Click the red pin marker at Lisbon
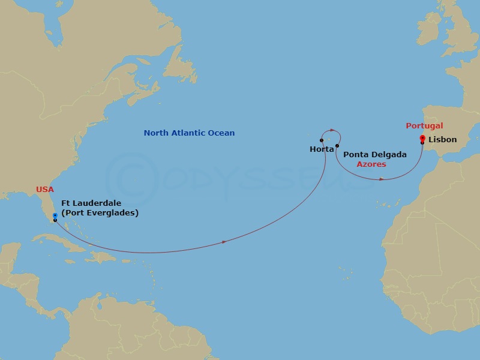[x=422, y=139]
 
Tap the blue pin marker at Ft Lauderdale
[x=55, y=215]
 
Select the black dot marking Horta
[x=322, y=140]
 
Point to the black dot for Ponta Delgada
[x=337, y=146]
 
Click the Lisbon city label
[x=443, y=140]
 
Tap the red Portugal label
[x=424, y=126]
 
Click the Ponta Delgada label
[x=374, y=155]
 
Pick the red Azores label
[x=371, y=164]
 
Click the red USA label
[x=45, y=190]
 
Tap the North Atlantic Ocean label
[x=189, y=133]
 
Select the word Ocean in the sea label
[x=221, y=133]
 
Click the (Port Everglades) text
[x=100, y=213]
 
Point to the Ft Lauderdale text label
[x=91, y=203]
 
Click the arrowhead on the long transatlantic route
[x=224, y=242]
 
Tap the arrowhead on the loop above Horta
[x=329, y=130]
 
